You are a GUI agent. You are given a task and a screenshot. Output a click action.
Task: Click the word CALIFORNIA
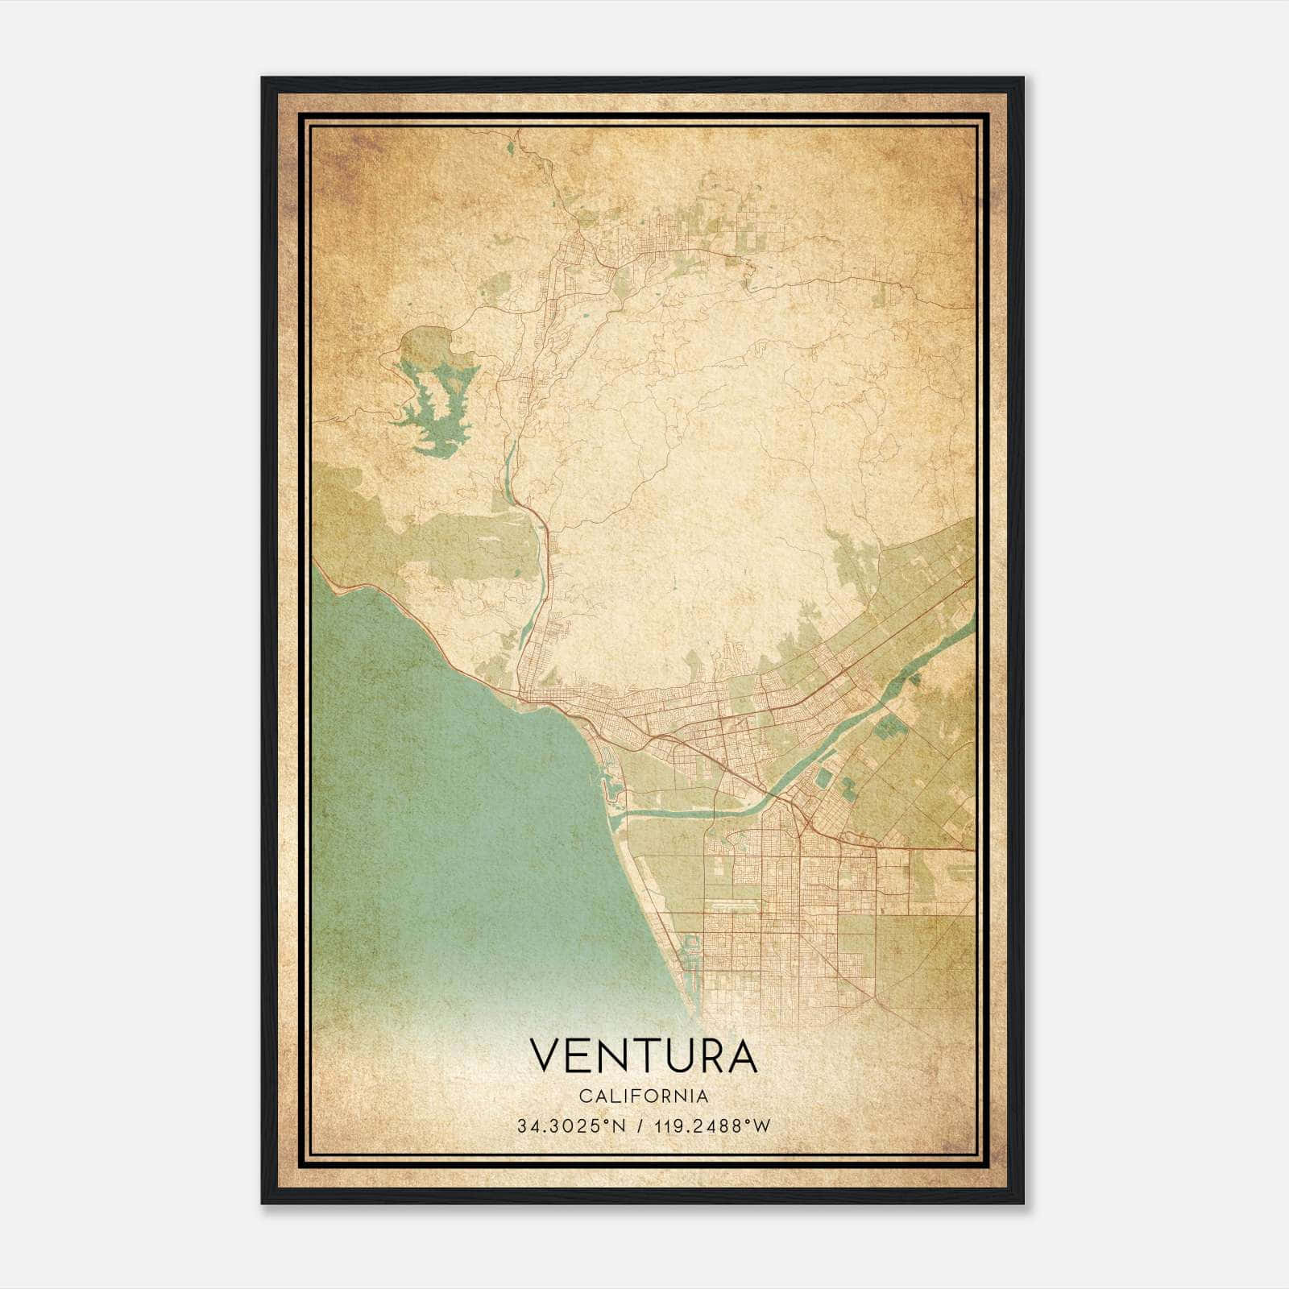[x=643, y=1096]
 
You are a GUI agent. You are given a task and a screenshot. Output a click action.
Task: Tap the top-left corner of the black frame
[x=263, y=78]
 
